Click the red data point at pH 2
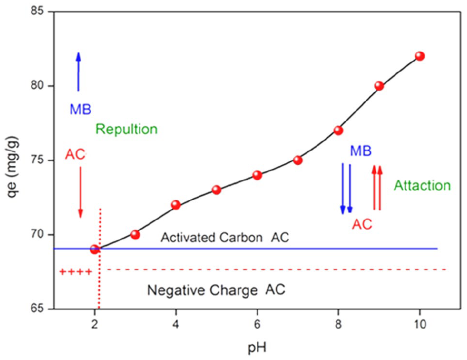[x=95, y=249]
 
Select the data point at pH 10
[x=419, y=56]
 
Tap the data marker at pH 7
[x=298, y=160]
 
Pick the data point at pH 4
[x=176, y=205]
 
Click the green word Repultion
[x=126, y=129]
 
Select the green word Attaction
[x=422, y=186]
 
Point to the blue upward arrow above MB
[x=78, y=71]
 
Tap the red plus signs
[x=75, y=272]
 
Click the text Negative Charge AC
[x=216, y=291]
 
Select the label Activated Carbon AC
[x=224, y=237]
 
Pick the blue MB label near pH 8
[x=360, y=151]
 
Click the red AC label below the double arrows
[x=362, y=224]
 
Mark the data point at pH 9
[x=379, y=86]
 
